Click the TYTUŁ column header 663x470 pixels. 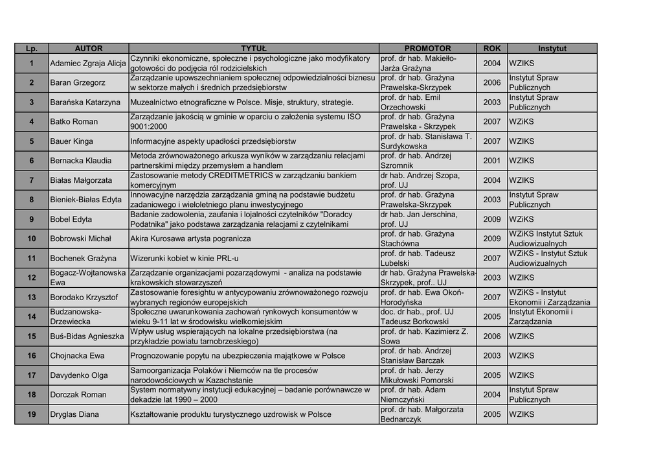click(x=254, y=49)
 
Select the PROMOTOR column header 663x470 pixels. click(x=427, y=49)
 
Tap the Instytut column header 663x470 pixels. click(x=552, y=49)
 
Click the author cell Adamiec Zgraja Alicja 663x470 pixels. click(x=88, y=64)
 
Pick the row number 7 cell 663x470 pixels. click(x=31, y=180)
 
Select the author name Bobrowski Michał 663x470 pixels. click(x=81, y=239)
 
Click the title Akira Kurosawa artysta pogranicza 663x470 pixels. click(x=190, y=239)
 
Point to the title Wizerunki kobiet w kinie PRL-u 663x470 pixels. click(x=185, y=258)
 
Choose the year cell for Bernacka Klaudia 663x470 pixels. click(x=492, y=161)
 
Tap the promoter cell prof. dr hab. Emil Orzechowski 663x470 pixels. click(x=427, y=102)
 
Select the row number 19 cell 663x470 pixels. click(x=31, y=414)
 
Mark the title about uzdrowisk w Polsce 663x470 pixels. click(x=230, y=414)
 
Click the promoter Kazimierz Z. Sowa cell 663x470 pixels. click(x=427, y=336)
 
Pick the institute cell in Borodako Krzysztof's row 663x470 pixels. click(x=552, y=297)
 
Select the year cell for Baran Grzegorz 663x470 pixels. click(x=492, y=83)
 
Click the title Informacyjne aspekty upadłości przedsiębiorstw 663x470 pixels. click(x=213, y=141)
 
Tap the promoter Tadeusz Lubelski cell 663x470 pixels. click(x=427, y=258)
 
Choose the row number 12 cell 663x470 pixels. click(x=31, y=277)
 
